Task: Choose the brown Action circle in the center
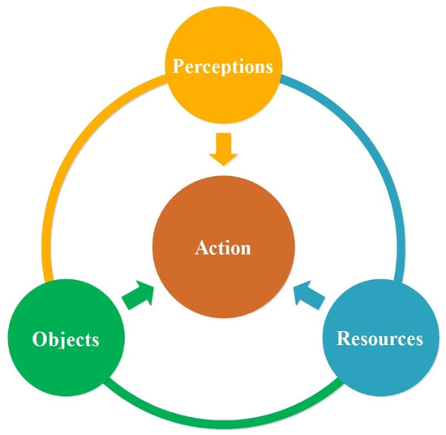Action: click(223, 247)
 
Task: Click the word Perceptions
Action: click(223, 66)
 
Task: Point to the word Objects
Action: click(66, 338)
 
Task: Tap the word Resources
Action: click(380, 338)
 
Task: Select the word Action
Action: click(223, 248)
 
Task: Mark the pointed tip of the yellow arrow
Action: click(223, 162)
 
